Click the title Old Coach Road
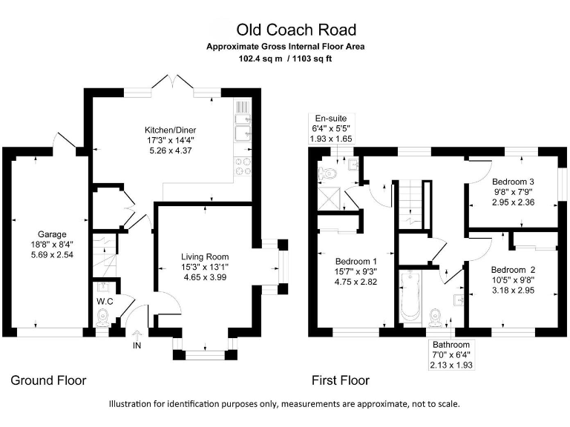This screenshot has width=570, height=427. [x=296, y=30]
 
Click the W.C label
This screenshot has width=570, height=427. [x=104, y=302]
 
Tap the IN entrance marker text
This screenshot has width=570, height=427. [x=136, y=345]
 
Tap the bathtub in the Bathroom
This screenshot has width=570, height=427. [x=410, y=297]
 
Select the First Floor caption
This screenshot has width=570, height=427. [x=339, y=380]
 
